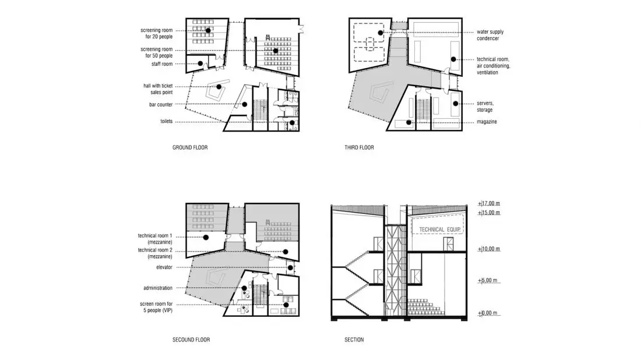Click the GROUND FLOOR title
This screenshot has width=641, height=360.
190,147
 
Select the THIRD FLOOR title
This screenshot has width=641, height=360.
359,147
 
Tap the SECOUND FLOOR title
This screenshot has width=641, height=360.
191,340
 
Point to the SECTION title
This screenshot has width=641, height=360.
354,340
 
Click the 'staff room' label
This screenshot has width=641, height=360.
162,64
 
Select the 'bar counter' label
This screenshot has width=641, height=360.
161,105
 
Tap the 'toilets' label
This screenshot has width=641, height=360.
167,121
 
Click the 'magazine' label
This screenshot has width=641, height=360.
487,122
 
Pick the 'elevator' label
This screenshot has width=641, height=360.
164,267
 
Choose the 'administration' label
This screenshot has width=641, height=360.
158,288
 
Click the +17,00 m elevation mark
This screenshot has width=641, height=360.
489,203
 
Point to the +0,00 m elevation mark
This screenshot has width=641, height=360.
488,313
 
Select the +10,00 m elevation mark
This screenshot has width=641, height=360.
489,249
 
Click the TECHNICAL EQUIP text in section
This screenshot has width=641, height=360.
440,230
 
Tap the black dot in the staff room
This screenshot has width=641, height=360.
200,63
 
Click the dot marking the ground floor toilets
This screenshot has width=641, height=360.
292,122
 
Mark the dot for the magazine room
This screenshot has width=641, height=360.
409,122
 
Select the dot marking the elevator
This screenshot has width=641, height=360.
290,267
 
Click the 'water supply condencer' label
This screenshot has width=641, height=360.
489,35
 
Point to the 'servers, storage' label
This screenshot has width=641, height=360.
485,107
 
